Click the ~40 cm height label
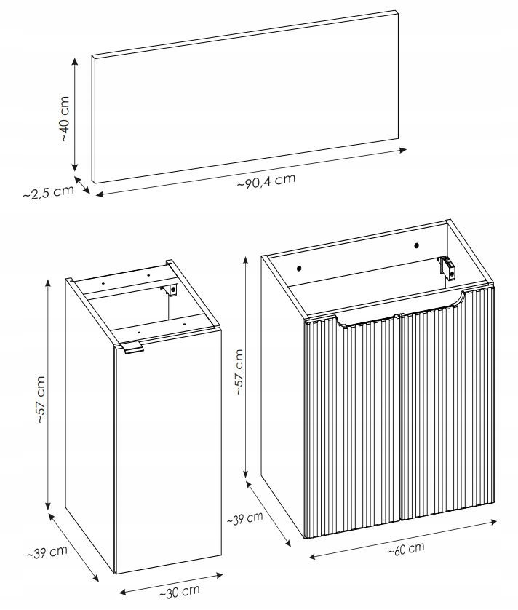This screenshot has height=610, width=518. click(65, 119)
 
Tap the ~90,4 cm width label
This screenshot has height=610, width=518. click(266, 181)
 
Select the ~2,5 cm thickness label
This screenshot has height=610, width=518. click(48, 192)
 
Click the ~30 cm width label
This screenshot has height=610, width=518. click(179, 592)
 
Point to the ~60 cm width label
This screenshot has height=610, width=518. click(406, 549)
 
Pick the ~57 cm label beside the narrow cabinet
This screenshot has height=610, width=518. click(41, 400)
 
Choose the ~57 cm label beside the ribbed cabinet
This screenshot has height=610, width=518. click(239, 372)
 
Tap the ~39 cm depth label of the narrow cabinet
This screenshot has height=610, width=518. click(47, 552)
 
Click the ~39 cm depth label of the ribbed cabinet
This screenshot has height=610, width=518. click(244, 518)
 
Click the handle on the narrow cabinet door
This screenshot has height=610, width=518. click(132, 348)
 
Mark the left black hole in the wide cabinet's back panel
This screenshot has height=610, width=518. click(299, 268)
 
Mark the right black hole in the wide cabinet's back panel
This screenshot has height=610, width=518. click(416, 245)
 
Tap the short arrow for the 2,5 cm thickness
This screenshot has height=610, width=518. click(82, 185)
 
